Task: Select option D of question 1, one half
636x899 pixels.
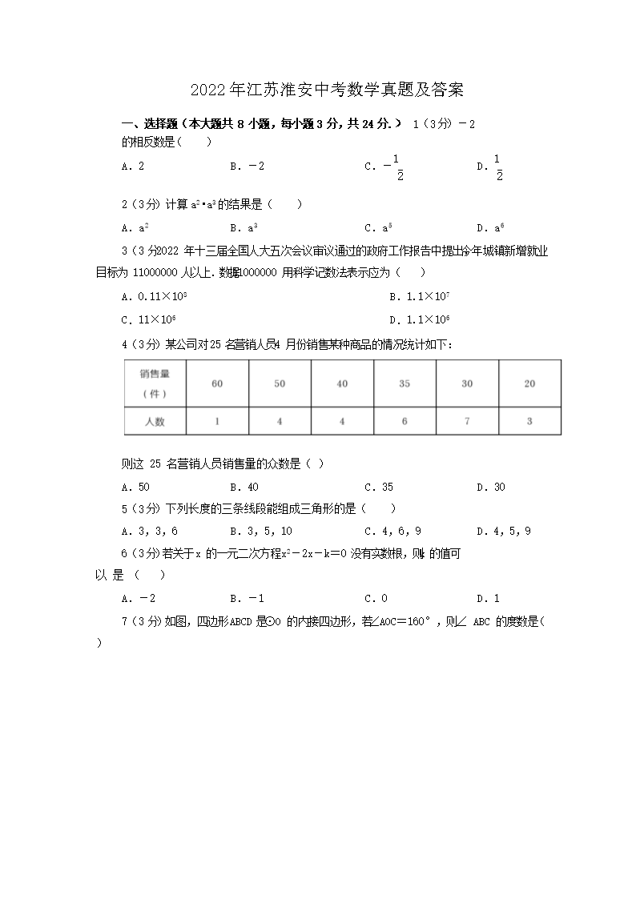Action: pos(490,167)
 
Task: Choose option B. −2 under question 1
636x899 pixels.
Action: pos(247,167)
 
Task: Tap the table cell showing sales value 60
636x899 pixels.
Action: pos(217,384)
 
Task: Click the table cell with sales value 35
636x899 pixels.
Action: pos(405,384)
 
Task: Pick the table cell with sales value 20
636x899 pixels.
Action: pos(529,384)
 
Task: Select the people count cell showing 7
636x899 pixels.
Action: pos(467,421)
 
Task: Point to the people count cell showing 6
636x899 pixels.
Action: pos(405,421)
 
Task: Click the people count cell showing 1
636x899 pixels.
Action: pos(217,421)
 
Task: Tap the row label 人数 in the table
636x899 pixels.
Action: pos(155,421)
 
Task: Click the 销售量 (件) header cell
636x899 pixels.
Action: pos(155,383)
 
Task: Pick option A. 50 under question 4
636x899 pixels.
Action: pos(135,487)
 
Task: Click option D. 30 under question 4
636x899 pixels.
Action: pos(491,487)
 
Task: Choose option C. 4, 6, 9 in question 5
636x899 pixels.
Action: pos(393,531)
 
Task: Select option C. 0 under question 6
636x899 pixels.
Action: pos(376,598)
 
